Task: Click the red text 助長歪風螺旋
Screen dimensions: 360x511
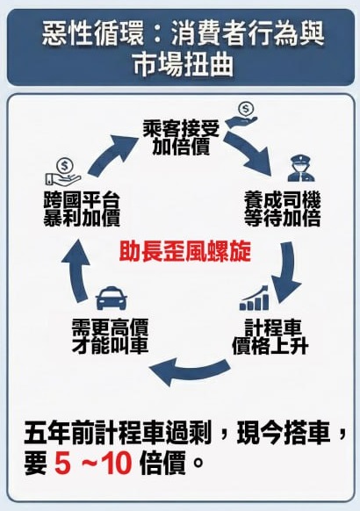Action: coord(185,251)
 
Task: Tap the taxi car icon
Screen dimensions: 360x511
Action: coord(112,298)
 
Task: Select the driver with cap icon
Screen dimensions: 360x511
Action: coord(301,169)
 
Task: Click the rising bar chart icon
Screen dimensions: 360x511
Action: coord(255,298)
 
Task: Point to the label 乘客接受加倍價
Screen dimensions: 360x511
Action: coord(181,139)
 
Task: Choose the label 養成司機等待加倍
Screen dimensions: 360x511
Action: coord(283,209)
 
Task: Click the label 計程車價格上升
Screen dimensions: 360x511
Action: coord(270,337)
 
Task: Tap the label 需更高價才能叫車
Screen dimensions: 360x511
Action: coord(110,336)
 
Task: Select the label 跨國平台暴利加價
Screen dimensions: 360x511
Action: coord(82,209)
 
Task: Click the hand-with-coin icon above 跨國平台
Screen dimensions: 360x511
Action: coord(62,172)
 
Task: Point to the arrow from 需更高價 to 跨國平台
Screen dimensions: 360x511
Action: coord(76,271)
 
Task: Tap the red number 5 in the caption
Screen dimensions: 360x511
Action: coord(62,463)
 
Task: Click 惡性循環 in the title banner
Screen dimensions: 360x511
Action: coord(92,33)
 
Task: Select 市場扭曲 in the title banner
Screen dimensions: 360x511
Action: coord(184,65)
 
